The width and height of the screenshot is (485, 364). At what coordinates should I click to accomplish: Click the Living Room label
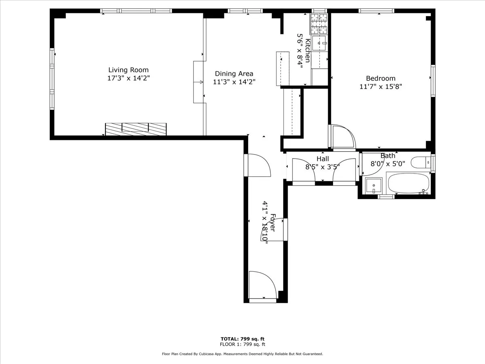(128, 70)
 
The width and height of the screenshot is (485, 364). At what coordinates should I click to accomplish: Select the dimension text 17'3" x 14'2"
(128, 78)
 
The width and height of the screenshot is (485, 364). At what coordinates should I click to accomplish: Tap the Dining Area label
(234, 74)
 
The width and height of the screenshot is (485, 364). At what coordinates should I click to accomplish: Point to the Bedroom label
(380, 78)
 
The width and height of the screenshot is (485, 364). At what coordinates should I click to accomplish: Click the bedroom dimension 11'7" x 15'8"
(380, 87)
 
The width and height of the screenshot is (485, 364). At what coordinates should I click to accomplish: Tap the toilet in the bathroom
(420, 163)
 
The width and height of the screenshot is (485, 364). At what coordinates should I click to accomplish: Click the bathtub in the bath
(408, 184)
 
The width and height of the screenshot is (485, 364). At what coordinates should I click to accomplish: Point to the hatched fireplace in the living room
(136, 129)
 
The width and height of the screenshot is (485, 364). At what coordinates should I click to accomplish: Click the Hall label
(323, 159)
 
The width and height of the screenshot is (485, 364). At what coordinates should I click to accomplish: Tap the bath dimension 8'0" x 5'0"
(388, 164)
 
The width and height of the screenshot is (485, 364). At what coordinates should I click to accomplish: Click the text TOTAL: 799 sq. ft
(242, 339)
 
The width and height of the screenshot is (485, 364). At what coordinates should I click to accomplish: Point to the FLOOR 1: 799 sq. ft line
(242, 345)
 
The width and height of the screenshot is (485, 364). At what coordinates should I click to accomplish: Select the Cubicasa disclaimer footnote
(242, 354)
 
